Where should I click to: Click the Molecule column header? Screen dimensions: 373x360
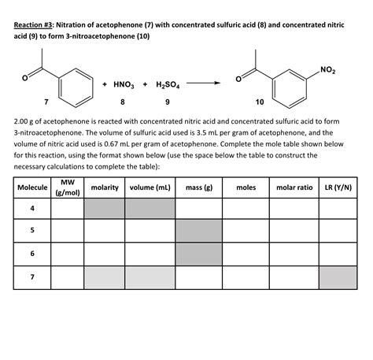tap(32, 188)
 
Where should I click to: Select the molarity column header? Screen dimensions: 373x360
tap(104, 188)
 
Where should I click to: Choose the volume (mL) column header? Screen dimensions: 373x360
tap(150, 188)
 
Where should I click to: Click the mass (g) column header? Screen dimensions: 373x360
tap(199, 188)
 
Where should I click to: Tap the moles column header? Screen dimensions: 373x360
tap(246, 188)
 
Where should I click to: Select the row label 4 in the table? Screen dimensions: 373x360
tap(32, 209)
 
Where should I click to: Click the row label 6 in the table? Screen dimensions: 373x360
tap(32, 254)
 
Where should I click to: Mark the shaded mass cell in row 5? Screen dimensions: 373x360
tap(199, 231)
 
